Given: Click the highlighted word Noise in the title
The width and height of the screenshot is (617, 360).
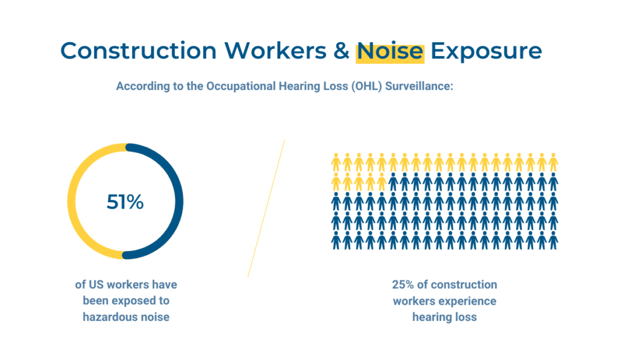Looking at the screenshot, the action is (390, 52).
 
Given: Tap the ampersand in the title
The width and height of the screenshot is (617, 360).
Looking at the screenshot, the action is (341, 51).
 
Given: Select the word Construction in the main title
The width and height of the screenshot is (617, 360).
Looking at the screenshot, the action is (139, 51).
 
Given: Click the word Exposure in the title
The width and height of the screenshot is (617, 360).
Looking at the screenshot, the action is (486, 52).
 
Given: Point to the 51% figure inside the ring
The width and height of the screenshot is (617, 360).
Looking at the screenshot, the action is (125, 201).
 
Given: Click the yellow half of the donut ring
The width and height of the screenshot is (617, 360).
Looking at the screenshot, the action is (72, 201).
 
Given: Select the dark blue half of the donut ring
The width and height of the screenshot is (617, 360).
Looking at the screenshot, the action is (179, 201).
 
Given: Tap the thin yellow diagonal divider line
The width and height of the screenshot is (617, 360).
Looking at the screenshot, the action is (266, 209).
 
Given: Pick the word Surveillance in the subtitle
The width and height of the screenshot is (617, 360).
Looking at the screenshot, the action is (419, 86).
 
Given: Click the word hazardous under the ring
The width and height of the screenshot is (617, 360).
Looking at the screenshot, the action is (107, 317).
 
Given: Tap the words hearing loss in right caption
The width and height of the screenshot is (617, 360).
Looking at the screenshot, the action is (445, 317).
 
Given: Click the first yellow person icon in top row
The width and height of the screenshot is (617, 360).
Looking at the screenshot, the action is (336, 162).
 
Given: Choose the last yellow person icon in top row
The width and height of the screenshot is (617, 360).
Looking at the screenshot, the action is (553, 162).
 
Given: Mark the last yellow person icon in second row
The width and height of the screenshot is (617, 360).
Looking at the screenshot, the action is (381, 182).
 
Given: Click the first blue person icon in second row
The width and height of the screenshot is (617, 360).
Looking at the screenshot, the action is (393, 182).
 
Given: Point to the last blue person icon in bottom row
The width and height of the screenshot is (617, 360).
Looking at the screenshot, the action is (553, 240).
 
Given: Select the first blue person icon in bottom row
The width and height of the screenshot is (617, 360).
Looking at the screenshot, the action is (336, 240).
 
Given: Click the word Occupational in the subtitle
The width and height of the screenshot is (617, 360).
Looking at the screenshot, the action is (241, 86).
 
